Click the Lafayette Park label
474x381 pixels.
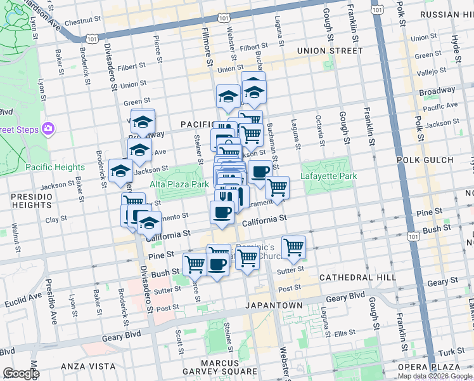point(328,176)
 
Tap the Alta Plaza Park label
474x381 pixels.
point(179,184)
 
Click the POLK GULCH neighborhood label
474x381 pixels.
point(425,160)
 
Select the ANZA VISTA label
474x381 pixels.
point(89,366)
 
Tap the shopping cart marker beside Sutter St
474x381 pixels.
point(293,246)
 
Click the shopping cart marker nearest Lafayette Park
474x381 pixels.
point(277,187)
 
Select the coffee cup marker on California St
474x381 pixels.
point(222,211)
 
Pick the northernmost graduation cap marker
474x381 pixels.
point(253,82)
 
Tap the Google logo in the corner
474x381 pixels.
point(21,373)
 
